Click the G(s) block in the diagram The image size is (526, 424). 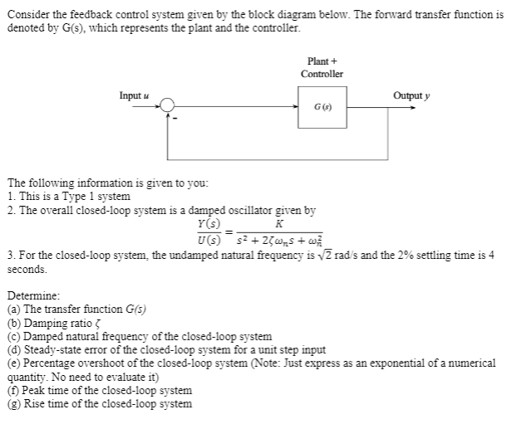pos(321,109)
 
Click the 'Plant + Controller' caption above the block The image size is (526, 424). pos(321,67)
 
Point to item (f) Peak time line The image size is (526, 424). pos(99,390)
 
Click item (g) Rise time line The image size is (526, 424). pos(99,403)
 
